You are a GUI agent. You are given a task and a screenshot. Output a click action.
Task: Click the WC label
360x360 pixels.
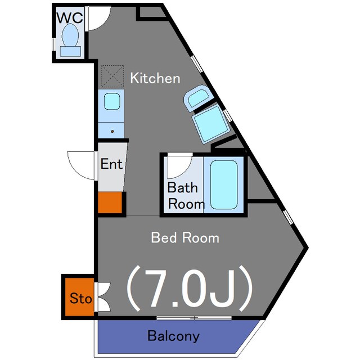pyautogui.click(x=70, y=18)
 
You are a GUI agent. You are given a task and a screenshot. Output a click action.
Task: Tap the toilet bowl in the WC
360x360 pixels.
pyautogui.click(x=70, y=35)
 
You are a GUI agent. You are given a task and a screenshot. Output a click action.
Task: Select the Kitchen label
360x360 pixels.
pyautogui.click(x=155, y=78)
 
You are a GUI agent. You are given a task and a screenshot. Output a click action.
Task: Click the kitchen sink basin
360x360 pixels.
pyautogui.click(x=112, y=101)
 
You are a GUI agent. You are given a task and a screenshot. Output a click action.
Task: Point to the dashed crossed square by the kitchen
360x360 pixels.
pyautogui.click(x=112, y=76)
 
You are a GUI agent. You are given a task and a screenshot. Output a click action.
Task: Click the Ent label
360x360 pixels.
pyautogui.click(x=111, y=164)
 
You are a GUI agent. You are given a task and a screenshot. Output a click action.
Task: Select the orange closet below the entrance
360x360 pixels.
pyautogui.click(x=110, y=202)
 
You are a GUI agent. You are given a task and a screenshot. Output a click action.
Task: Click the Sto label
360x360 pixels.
pyautogui.click(x=81, y=298)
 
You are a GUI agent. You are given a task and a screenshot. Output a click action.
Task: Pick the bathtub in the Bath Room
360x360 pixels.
pyautogui.click(x=224, y=184)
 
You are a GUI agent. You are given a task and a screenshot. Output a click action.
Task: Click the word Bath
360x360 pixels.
pyautogui.click(x=182, y=187)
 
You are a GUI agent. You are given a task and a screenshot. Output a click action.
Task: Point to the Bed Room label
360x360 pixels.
pyautogui.click(x=185, y=237)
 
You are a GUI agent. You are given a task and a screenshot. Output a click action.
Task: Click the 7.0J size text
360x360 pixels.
pyautogui.click(x=190, y=289)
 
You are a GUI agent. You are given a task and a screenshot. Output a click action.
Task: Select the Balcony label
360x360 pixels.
pyautogui.click(x=173, y=336)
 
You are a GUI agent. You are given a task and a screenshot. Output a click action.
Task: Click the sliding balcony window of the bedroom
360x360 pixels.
pyautogui.click(x=194, y=318)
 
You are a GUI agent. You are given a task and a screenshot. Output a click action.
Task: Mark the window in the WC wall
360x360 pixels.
pyautogui.click(x=54, y=44)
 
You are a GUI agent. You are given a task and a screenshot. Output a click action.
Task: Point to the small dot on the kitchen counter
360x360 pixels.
pyautogui.click(x=112, y=132)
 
